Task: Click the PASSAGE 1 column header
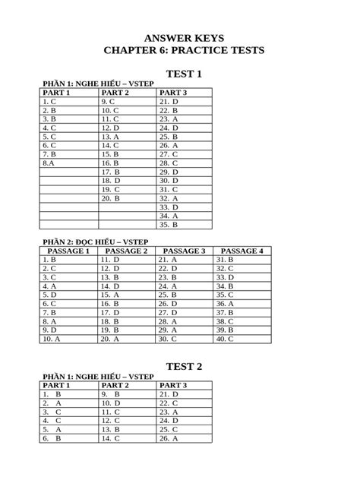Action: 68,251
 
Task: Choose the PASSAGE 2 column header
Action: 126,251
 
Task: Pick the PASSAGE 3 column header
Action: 185,251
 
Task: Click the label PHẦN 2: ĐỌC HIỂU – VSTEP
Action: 94,242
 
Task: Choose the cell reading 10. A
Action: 52,339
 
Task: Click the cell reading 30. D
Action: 169,181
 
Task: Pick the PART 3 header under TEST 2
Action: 173,385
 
